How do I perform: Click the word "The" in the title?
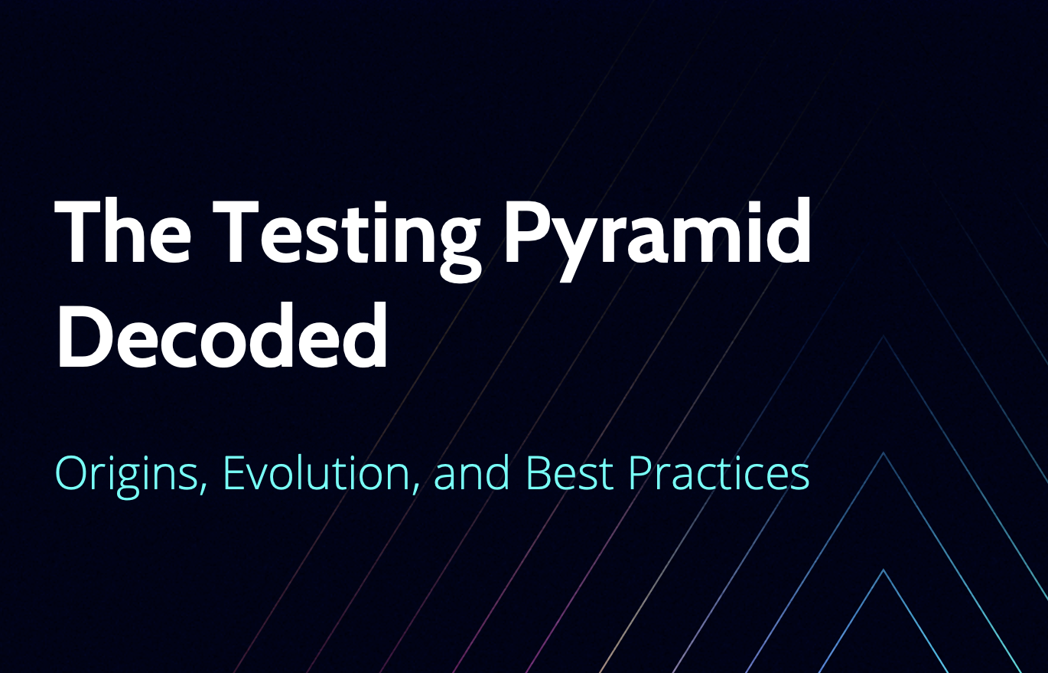point(123,231)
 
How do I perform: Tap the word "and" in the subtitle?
point(471,474)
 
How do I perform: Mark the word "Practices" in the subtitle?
point(719,474)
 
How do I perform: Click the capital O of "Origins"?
point(73,474)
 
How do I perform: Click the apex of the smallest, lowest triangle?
point(884,570)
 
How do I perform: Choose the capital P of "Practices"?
point(640,474)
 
